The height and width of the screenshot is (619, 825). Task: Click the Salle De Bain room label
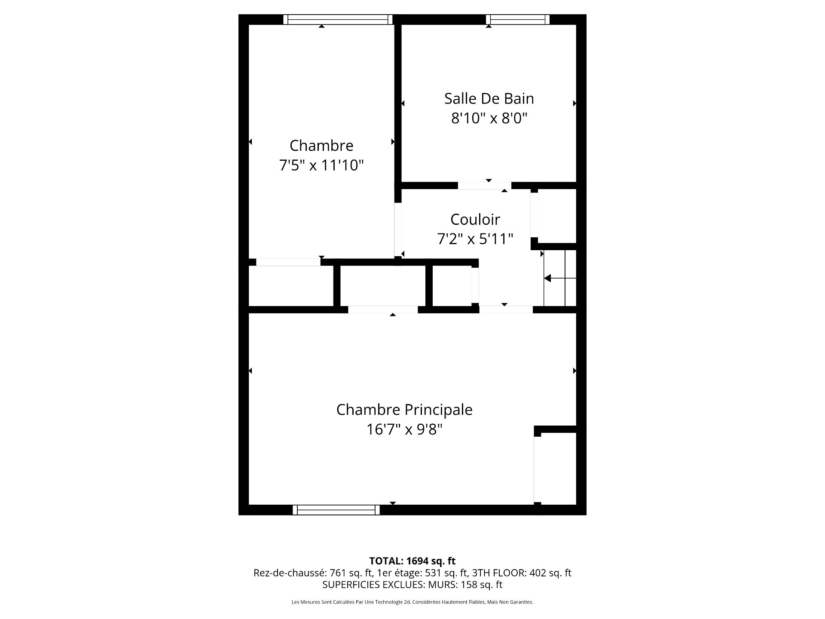pos(489,98)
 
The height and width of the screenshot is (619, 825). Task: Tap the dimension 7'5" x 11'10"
pos(321,165)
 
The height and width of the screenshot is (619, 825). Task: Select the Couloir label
pos(475,219)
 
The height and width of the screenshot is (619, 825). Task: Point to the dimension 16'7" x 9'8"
pos(404,429)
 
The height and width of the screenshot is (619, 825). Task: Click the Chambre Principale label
pos(404,410)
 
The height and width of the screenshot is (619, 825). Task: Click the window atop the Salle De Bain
pos(518,19)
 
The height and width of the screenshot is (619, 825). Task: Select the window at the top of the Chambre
pos(338,19)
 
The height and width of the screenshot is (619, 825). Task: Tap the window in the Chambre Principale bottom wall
pos(336,510)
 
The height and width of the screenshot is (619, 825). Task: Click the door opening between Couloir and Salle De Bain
pos(484,186)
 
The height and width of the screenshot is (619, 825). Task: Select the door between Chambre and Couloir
pos(398,230)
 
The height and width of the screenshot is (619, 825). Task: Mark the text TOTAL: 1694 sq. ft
pos(412,561)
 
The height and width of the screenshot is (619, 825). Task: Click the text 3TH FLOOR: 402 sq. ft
pos(522,573)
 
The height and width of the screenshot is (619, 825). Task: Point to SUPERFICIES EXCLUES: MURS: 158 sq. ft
pos(412,585)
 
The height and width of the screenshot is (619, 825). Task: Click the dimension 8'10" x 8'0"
pos(489,118)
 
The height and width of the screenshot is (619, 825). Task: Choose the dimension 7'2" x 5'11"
pos(475,239)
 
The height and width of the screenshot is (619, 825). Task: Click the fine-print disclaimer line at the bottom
pos(412,602)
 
